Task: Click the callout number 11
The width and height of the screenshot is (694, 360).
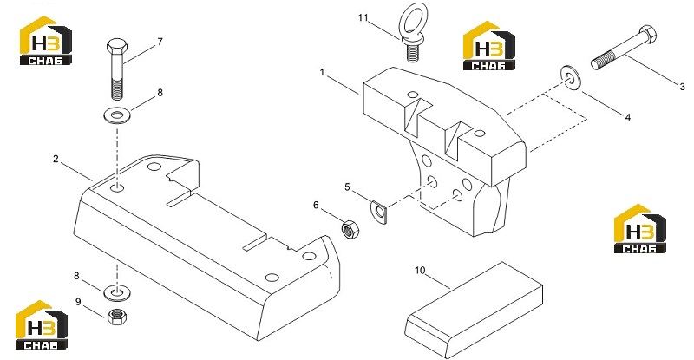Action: coord(363,18)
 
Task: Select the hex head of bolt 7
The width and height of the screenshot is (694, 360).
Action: coord(117,45)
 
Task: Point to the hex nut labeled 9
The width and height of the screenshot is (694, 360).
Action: coord(117,316)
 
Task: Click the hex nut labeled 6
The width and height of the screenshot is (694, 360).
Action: coord(350,229)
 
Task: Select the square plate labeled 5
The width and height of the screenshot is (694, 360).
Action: coord(378,211)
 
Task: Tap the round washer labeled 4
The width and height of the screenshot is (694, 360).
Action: coord(571,77)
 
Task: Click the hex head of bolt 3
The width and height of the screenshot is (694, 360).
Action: coord(648,35)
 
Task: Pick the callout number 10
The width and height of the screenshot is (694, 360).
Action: coord(420,270)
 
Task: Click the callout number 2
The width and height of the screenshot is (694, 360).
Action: coord(56,159)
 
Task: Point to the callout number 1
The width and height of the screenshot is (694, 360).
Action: coord(323,72)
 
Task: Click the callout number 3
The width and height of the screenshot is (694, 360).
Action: coord(682,88)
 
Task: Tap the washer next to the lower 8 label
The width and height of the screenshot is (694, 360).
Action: coord(117,292)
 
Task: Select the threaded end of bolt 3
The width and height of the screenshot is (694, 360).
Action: coord(603,62)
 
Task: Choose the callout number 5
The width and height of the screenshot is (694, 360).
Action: coord(348,187)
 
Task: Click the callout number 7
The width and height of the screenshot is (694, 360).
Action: coord(160,42)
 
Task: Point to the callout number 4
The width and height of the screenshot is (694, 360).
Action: coord(627,117)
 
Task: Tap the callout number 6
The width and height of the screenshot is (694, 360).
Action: coord(316,205)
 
